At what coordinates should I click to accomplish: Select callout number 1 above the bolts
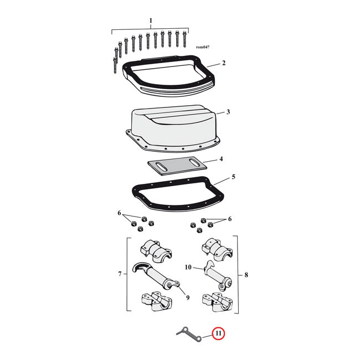150,21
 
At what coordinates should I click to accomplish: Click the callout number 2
223,63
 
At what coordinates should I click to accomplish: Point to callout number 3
228,112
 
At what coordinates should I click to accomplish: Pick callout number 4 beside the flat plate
221,159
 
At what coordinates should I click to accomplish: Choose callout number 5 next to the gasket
233,177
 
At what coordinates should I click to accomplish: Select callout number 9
188,298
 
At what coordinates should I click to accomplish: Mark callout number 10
187,268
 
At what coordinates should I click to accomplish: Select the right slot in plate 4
194,163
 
